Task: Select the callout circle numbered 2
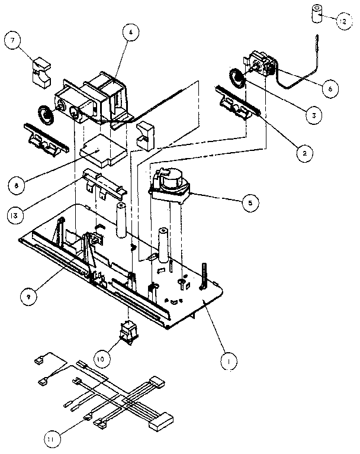tap(303, 153)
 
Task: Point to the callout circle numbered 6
tap(330, 88)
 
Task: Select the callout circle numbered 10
tap(101, 358)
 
